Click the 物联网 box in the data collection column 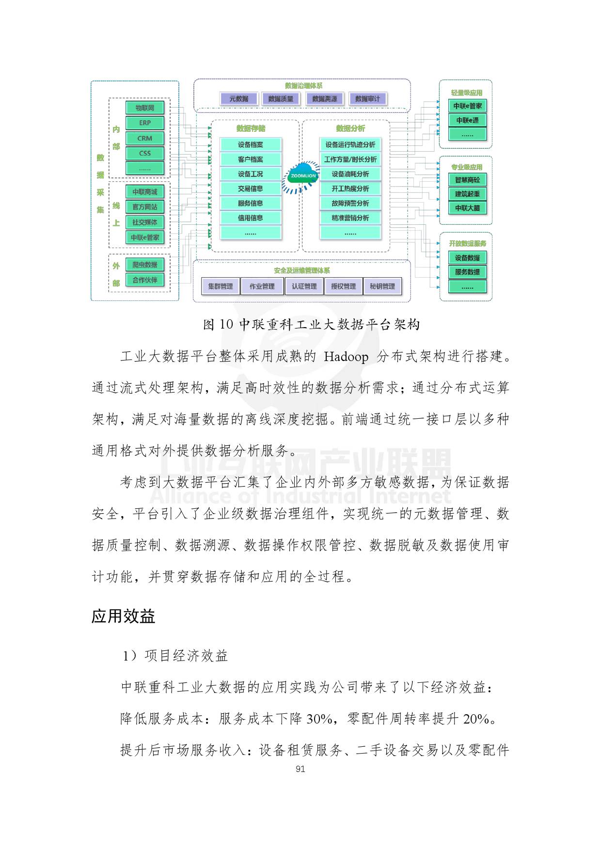pos(144,108)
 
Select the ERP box pos(144,123)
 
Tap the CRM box pos(144,138)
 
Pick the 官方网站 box pos(144,207)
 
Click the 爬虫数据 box pos(144,265)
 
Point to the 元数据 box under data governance pos(238,99)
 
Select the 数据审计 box pos(367,99)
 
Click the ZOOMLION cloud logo pos(303,175)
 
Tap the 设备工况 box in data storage pos(250,174)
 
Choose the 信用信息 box pos(250,218)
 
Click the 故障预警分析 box pos(350,203)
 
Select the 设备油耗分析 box pos(350,174)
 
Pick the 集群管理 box pos(220,286)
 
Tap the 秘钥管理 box pos(382,286)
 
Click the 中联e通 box pos(467,120)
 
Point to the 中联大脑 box pos(467,208)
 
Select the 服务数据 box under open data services pos(467,272)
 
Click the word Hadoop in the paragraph pos(346,357)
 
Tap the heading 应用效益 pos(123,616)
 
